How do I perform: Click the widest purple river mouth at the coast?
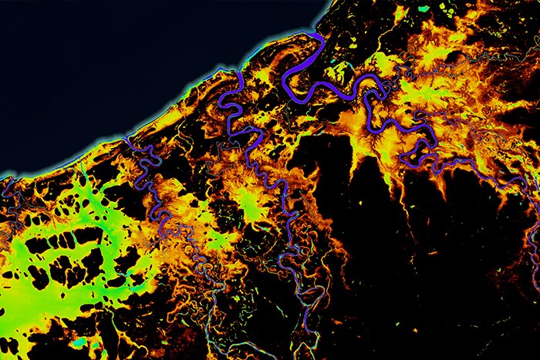(316, 39)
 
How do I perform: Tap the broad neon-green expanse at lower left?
(46, 270)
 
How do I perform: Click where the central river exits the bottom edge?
(307, 356)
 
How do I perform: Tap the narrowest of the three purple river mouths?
(128, 141)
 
